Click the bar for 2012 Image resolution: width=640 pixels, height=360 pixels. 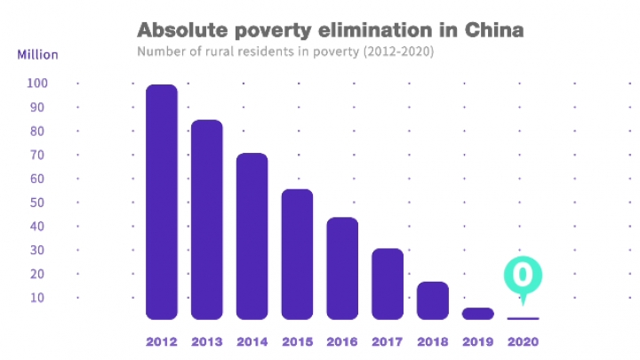pyautogui.click(x=161, y=202)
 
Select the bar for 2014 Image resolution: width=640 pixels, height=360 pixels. pyautogui.click(x=252, y=236)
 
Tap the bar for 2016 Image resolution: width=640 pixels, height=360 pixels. pyautogui.click(x=342, y=268)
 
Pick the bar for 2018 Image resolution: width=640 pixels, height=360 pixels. pyautogui.click(x=433, y=300)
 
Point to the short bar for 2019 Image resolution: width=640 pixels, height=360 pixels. pyautogui.click(x=477, y=313)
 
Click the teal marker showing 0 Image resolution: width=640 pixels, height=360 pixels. pyautogui.click(x=523, y=275)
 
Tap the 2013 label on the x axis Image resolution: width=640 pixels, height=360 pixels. pyautogui.click(x=206, y=341)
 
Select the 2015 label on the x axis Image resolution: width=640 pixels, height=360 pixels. pyautogui.click(x=297, y=341)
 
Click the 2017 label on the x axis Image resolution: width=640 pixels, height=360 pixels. pyautogui.click(x=388, y=341)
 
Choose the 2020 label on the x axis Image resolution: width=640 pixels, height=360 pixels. pyautogui.click(x=523, y=341)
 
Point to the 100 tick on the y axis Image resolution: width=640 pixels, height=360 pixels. pyautogui.click(x=36, y=84)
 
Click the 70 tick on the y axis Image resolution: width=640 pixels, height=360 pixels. pyautogui.click(x=36, y=155)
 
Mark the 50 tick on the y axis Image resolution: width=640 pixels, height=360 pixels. pyautogui.click(x=36, y=203)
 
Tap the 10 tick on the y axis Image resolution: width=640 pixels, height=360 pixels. pyautogui.click(x=36, y=297)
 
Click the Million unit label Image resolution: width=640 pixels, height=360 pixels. pyautogui.click(x=37, y=54)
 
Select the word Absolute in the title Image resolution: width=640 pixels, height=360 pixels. pyautogui.click(x=181, y=30)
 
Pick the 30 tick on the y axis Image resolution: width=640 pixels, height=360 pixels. pyautogui.click(x=36, y=250)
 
